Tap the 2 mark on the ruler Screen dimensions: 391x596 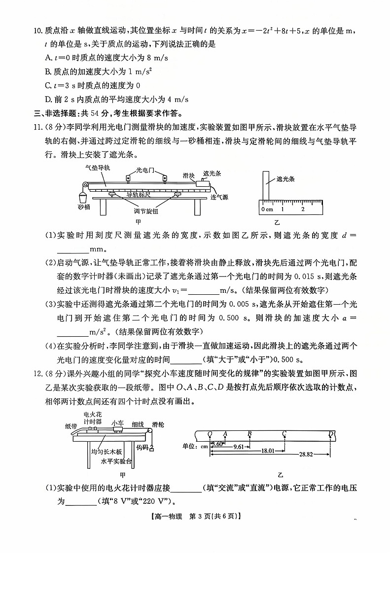tap(303, 209)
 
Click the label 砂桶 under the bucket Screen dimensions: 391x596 tap(84, 207)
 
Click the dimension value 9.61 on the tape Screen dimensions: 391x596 tap(239, 447)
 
